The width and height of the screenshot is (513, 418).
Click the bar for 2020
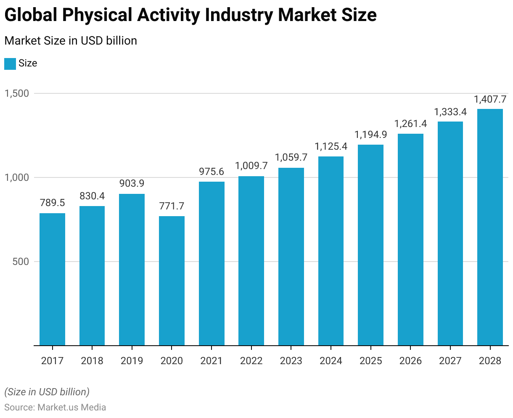[x=172, y=280]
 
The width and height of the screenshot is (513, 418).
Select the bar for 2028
[x=490, y=227]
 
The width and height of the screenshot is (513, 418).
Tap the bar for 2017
[x=52, y=279]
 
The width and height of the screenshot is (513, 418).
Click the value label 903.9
[x=132, y=183]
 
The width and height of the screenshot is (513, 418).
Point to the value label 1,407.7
[x=490, y=99]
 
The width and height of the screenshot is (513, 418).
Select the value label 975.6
[x=211, y=172]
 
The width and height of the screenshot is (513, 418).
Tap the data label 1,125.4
[x=331, y=147]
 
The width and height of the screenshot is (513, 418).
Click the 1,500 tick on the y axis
[x=17, y=93]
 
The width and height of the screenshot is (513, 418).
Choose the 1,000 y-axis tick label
[x=17, y=177]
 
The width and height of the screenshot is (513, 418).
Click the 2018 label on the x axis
[x=92, y=361]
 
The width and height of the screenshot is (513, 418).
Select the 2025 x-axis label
[x=370, y=361]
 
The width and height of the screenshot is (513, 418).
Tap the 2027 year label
[x=450, y=361]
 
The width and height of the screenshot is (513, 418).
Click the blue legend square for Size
[x=10, y=63]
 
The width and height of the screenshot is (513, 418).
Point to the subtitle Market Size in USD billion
[x=71, y=41]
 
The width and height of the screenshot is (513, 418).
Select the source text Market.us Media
[x=72, y=407]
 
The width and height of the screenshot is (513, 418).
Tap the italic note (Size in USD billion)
[x=47, y=392]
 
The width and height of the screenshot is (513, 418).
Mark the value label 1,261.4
[x=410, y=124]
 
